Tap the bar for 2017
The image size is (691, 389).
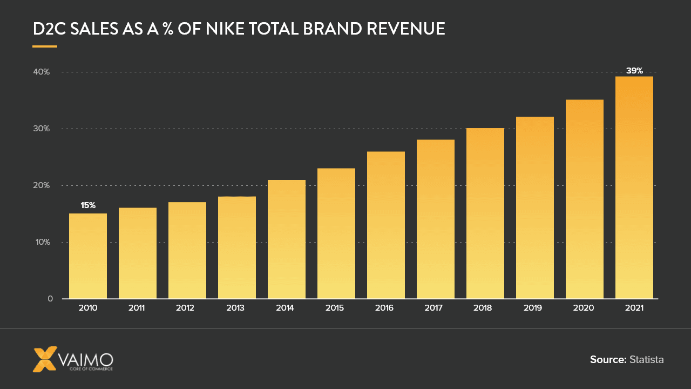click(x=435, y=219)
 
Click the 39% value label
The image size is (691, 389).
click(x=634, y=70)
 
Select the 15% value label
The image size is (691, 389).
click(x=87, y=205)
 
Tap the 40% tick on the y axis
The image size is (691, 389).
click(x=41, y=72)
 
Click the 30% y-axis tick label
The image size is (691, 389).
click(x=41, y=129)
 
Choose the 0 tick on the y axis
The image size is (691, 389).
click(x=50, y=299)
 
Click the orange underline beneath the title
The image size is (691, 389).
click(x=45, y=46)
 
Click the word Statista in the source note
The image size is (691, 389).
click(x=646, y=359)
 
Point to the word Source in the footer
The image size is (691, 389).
click(x=608, y=359)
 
